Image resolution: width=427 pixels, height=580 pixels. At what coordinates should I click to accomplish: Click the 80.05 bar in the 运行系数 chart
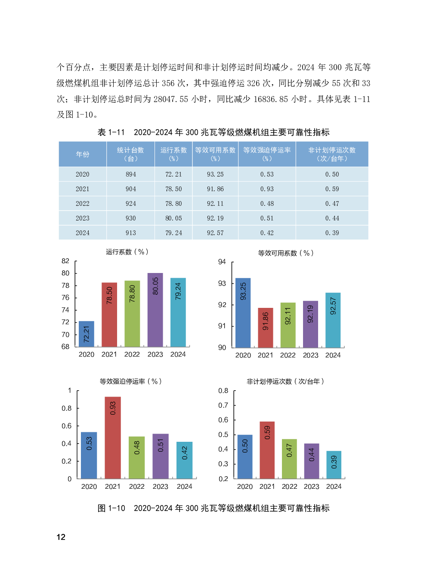click(x=155, y=310)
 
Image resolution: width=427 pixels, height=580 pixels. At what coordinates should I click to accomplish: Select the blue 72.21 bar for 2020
click(x=87, y=334)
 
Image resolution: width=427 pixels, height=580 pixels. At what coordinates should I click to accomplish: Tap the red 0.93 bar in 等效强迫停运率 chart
click(x=113, y=437)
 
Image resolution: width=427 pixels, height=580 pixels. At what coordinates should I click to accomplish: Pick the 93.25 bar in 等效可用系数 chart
click(x=243, y=313)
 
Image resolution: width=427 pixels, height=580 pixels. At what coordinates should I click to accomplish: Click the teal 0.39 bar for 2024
click(x=334, y=465)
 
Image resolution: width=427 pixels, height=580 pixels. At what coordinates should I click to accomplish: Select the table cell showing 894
click(x=130, y=174)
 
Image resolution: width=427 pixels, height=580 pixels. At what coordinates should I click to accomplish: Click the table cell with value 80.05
click(x=173, y=218)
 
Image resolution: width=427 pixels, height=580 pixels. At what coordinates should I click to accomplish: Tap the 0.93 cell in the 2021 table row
click(x=267, y=189)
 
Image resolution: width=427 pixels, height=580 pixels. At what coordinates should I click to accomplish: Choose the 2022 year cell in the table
click(x=83, y=204)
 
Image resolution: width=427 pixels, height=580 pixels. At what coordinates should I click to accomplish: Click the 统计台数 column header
click(x=130, y=154)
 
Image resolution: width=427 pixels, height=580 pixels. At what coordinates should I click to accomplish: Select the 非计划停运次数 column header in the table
click(x=332, y=154)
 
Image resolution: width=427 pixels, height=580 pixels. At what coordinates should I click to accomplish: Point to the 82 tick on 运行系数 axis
click(x=65, y=261)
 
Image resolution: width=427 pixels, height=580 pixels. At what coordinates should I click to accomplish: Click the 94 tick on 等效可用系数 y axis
click(x=222, y=262)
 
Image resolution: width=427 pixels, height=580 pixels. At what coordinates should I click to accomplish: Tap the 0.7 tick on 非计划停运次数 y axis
click(x=223, y=405)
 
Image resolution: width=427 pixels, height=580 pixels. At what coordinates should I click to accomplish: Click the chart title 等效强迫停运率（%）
click(x=130, y=381)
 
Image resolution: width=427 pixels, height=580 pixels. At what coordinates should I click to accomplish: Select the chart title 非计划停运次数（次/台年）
click(x=285, y=381)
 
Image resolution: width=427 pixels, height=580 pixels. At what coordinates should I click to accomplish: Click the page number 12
click(x=61, y=537)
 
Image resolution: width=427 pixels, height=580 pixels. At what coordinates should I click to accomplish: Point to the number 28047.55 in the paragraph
click(x=171, y=99)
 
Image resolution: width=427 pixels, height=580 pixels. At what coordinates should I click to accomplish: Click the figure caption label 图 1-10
click(x=111, y=509)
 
